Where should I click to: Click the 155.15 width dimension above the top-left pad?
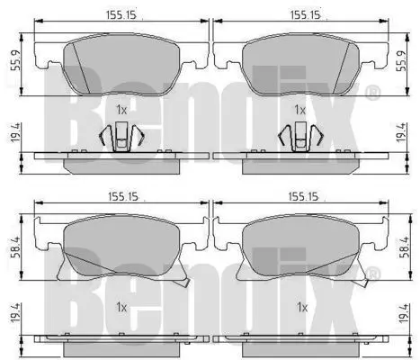(121, 14)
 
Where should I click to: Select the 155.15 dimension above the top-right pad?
(305, 14)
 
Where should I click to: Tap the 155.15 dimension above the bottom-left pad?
(123, 197)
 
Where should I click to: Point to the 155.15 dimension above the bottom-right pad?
(303, 197)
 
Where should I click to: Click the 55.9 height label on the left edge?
(15, 60)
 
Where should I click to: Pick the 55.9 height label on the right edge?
(401, 61)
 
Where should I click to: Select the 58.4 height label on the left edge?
(15, 247)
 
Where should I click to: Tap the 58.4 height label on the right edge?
(406, 247)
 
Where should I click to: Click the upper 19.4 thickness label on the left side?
(15, 132)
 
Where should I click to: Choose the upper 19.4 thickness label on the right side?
(401, 132)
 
